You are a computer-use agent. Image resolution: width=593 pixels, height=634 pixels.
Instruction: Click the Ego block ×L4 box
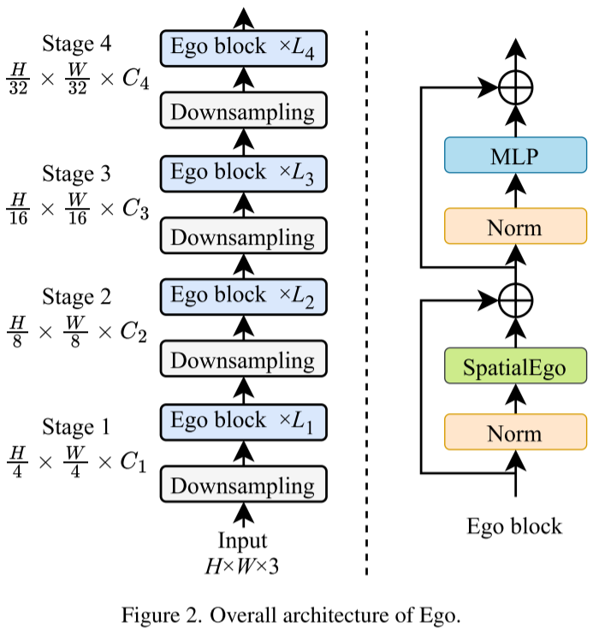pyautogui.click(x=244, y=48)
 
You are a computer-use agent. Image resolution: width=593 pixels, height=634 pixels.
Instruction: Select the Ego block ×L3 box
pyautogui.click(x=244, y=174)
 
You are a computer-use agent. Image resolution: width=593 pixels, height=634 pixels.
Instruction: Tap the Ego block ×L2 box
pyautogui.click(x=244, y=297)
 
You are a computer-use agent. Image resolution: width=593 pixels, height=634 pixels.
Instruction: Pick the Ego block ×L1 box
pyautogui.click(x=244, y=422)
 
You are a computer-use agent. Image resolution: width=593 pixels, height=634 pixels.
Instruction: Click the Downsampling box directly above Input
pyautogui.click(x=244, y=484)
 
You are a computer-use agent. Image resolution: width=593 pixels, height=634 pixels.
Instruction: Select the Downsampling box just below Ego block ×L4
pyautogui.click(x=244, y=110)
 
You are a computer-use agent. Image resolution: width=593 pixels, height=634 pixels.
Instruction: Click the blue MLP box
pyautogui.click(x=515, y=155)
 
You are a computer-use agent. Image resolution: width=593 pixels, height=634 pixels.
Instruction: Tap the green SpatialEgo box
pyautogui.click(x=515, y=365)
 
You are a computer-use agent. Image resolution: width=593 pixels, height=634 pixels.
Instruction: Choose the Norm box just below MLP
pyautogui.click(x=515, y=226)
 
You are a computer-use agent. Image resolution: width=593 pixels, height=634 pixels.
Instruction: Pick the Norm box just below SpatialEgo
pyautogui.click(x=515, y=432)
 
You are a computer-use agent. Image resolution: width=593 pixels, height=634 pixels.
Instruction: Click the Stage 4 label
pyautogui.click(x=76, y=44)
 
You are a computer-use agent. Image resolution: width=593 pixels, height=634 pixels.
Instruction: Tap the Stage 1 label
pyautogui.click(x=76, y=427)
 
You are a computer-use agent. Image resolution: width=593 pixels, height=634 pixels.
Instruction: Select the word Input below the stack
pyautogui.click(x=243, y=541)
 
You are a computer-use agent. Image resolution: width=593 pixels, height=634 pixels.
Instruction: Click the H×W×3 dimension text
pyautogui.click(x=242, y=566)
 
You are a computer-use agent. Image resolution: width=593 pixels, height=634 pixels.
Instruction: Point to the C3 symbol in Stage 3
pyautogui.click(x=135, y=210)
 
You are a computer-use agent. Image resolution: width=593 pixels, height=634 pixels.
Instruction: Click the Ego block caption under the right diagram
pyautogui.click(x=514, y=526)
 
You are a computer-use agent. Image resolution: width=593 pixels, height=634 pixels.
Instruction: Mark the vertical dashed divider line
pyautogui.click(x=366, y=302)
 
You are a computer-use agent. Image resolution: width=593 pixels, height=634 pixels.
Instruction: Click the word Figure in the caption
pyautogui.click(x=151, y=615)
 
